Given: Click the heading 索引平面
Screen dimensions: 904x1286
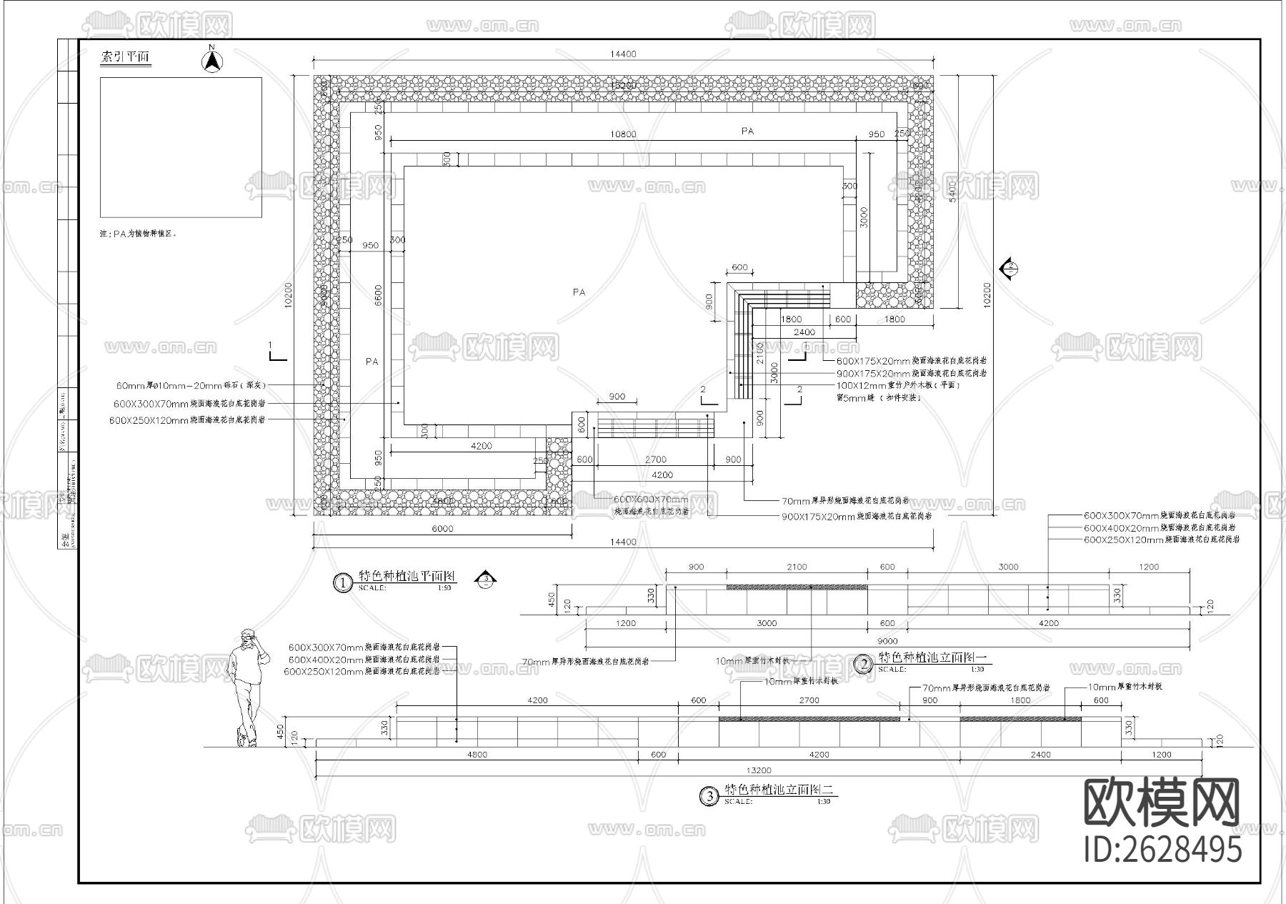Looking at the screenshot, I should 126,57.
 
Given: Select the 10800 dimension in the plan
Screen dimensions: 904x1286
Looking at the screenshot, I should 623,134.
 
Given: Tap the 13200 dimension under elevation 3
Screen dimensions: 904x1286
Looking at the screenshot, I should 758,770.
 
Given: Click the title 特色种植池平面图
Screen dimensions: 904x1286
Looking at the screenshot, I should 407,576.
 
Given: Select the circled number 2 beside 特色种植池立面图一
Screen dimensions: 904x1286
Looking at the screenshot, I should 864,665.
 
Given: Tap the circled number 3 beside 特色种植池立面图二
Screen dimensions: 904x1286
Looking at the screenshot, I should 709,796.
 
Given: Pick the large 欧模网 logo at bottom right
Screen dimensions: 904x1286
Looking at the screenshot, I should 1162,803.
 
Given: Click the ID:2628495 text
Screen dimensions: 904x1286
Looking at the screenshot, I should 1163,850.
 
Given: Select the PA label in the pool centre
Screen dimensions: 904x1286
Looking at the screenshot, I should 579,292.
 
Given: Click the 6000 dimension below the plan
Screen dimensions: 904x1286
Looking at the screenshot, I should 442,529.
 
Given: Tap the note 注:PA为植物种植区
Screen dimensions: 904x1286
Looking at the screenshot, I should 137,234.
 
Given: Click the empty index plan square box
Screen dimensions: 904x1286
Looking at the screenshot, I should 181,147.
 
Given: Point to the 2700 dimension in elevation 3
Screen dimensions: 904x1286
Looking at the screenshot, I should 809,700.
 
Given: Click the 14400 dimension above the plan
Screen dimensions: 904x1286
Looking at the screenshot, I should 623,54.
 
